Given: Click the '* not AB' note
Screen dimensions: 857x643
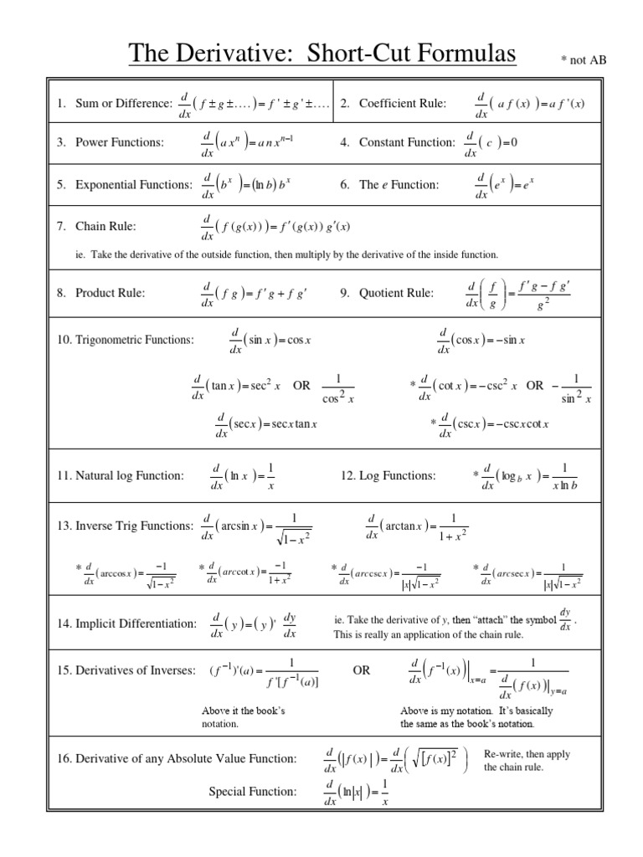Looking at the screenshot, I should [x=583, y=60].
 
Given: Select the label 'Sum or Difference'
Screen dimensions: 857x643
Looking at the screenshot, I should [x=123, y=103].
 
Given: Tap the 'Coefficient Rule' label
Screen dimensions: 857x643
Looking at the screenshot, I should [x=402, y=103].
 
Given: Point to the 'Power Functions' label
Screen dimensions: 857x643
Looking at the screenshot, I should [x=120, y=142].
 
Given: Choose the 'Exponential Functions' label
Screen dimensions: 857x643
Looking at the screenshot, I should [x=134, y=185].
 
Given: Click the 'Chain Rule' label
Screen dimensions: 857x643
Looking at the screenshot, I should [x=105, y=226].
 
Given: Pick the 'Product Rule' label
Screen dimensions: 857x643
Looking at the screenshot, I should [x=111, y=293].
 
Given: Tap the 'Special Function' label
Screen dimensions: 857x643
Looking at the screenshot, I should [x=253, y=791].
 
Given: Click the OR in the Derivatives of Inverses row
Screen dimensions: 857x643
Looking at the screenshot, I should [x=362, y=670].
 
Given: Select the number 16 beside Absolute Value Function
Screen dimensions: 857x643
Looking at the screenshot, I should [x=64, y=759].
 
